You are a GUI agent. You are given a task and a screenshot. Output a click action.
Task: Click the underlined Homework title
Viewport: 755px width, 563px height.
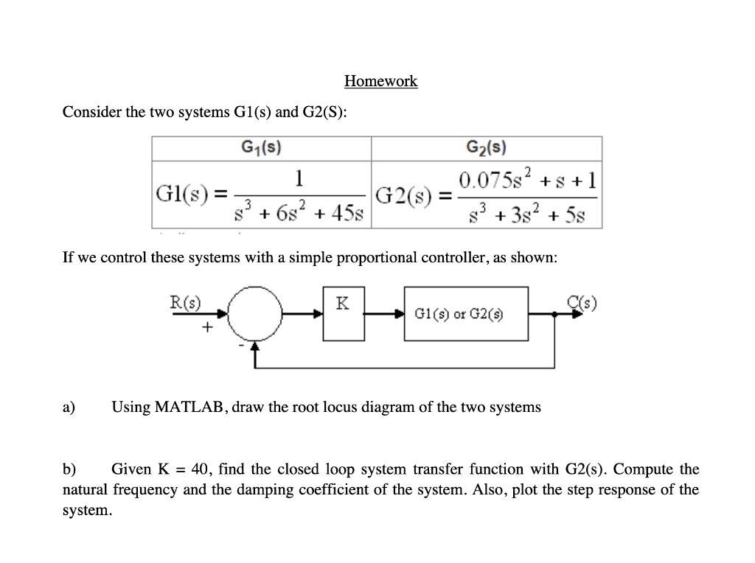pyautogui.click(x=380, y=81)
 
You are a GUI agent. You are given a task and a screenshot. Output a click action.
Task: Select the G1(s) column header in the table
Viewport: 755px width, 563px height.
pyautogui.click(x=261, y=147)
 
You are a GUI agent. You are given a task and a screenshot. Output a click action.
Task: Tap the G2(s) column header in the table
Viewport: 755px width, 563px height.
pyautogui.click(x=486, y=147)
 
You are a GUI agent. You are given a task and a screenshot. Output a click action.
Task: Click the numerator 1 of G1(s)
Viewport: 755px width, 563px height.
pyautogui.click(x=299, y=178)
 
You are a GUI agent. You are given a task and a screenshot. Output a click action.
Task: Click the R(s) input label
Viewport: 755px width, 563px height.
pyautogui.click(x=186, y=301)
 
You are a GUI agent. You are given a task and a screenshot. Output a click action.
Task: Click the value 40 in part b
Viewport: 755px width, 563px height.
pyautogui.click(x=199, y=469)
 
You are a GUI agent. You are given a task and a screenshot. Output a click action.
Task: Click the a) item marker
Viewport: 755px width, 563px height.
pyautogui.click(x=69, y=407)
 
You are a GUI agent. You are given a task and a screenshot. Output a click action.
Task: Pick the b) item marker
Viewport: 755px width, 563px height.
pyautogui.click(x=69, y=469)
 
